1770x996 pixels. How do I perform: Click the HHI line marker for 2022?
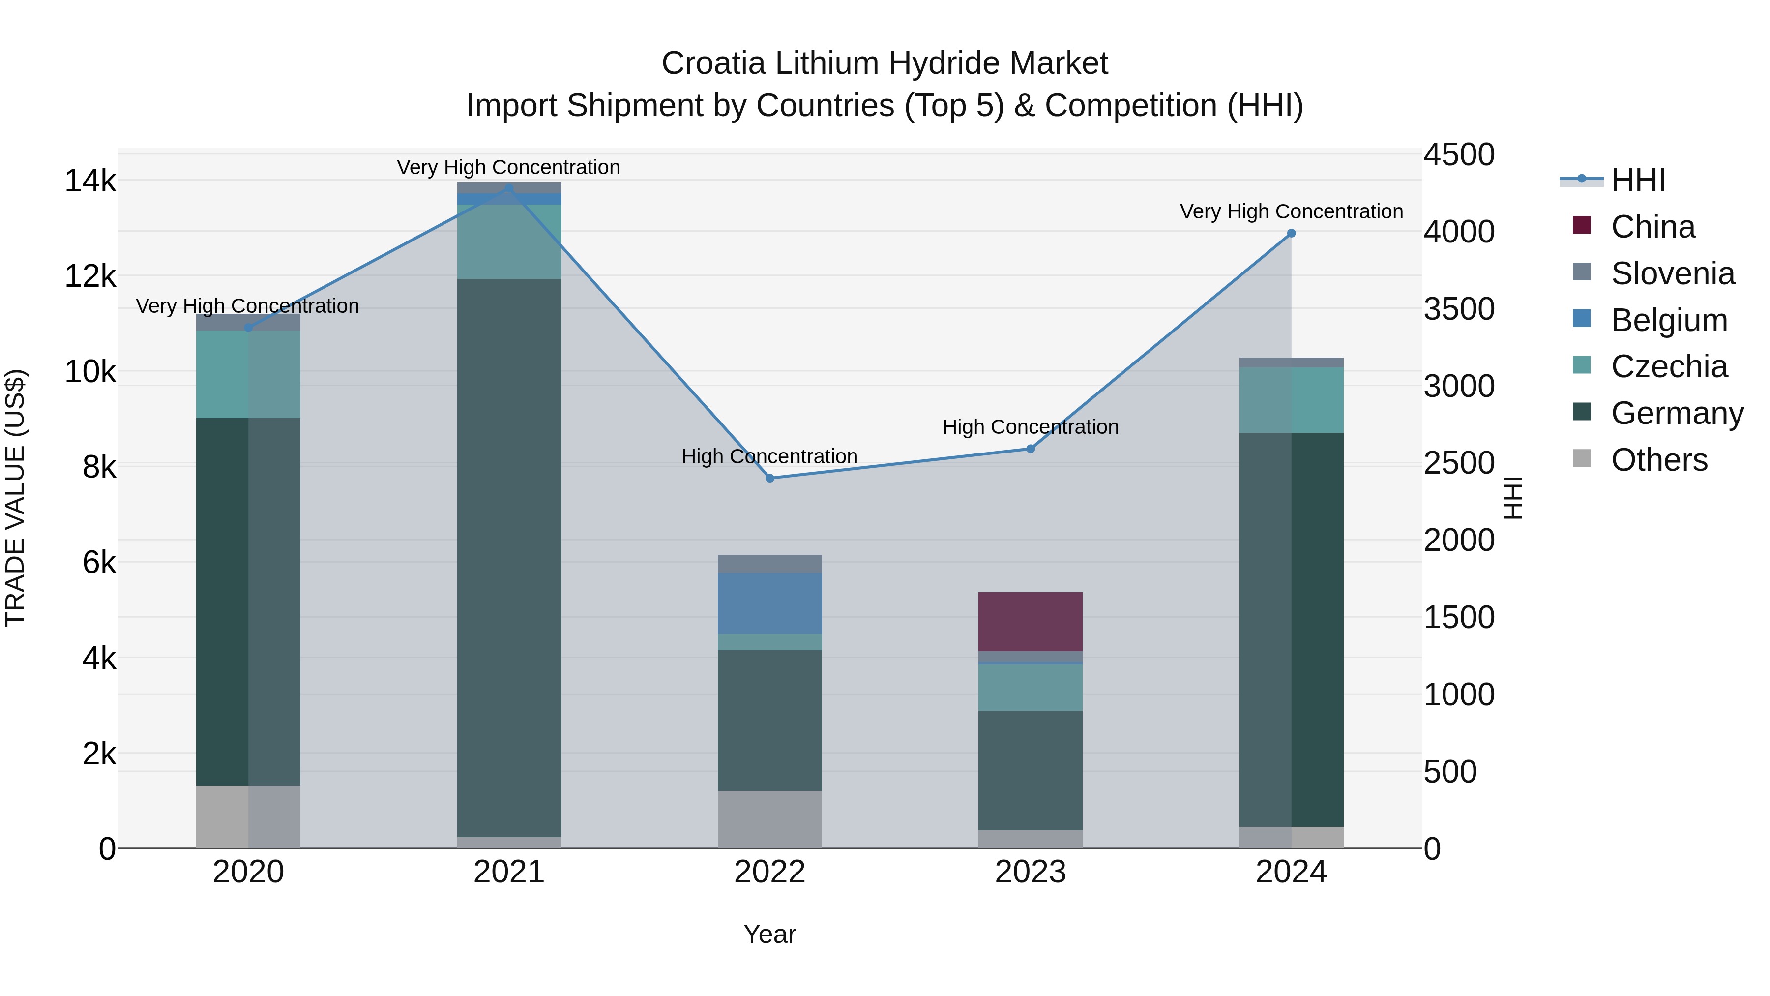tap(769, 478)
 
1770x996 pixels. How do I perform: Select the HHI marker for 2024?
tap(1291, 234)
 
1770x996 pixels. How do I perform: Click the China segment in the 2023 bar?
tap(1030, 621)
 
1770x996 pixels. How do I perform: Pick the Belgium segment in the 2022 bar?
tap(769, 604)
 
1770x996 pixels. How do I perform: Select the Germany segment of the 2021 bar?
tap(509, 557)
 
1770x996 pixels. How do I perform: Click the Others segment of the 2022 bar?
tap(769, 819)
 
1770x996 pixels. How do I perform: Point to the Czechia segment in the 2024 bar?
tap(1291, 400)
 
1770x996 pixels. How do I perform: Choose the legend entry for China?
tap(1652, 227)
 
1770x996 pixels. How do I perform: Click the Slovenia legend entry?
tap(1671, 273)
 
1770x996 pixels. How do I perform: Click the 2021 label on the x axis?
tap(509, 872)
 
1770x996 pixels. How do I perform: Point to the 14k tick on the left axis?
tap(90, 181)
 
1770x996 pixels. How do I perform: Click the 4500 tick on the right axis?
tap(1458, 154)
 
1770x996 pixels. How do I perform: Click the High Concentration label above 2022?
tap(769, 456)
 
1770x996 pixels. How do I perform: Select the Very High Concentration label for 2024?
tap(1291, 211)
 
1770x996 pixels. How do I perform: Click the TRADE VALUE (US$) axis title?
tap(15, 498)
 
